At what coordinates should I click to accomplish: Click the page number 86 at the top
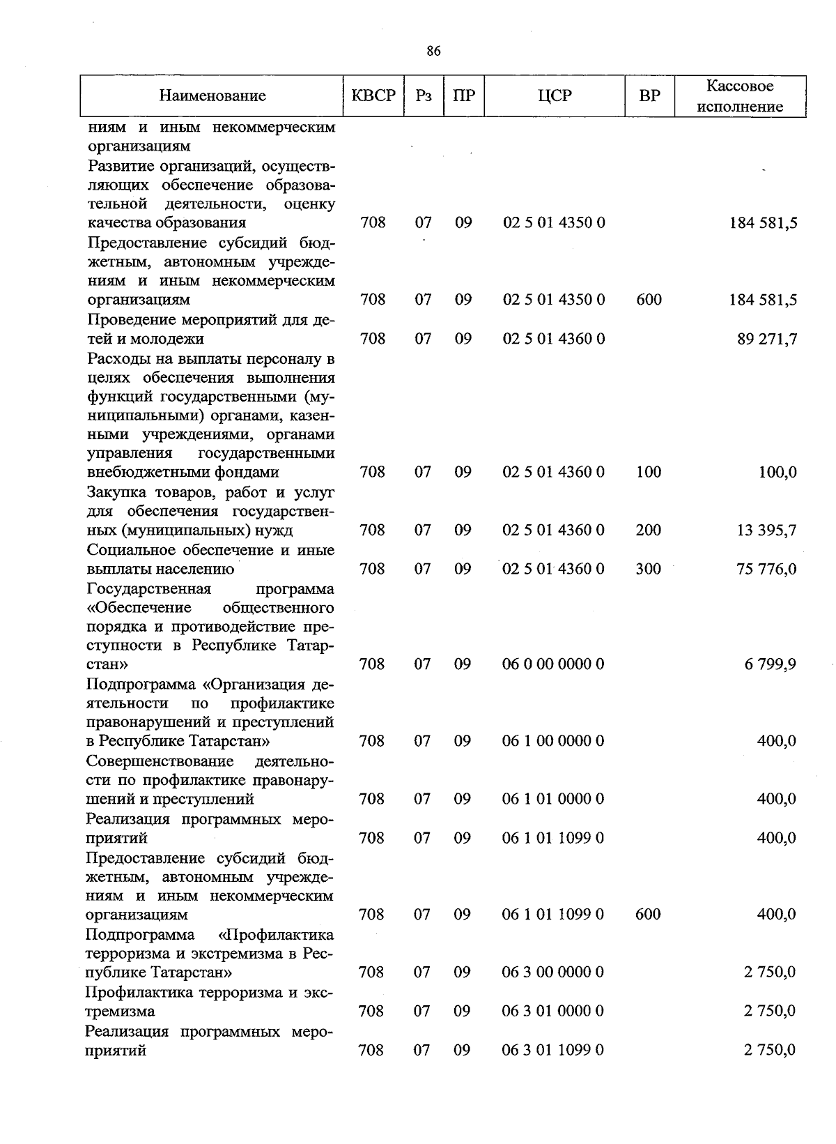click(433, 51)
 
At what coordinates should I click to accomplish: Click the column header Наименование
click(212, 96)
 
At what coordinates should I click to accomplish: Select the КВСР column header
click(373, 96)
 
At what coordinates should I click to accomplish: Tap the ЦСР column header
click(555, 96)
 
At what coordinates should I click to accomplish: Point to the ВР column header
click(649, 96)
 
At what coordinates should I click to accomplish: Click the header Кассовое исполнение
click(740, 96)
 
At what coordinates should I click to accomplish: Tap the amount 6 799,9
click(770, 664)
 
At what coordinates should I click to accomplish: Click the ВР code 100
click(649, 472)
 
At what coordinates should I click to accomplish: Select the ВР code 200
click(649, 530)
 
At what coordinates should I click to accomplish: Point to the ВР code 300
click(649, 569)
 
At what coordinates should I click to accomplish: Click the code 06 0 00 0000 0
click(553, 664)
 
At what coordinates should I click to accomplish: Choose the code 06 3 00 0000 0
click(553, 972)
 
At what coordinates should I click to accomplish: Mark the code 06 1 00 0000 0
click(553, 740)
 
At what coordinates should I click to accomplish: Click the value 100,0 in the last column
click(777, 473)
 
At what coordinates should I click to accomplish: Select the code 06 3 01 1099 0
click(553, 1050)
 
